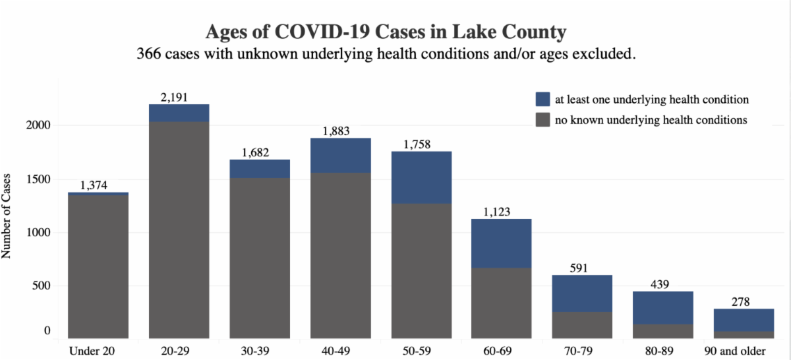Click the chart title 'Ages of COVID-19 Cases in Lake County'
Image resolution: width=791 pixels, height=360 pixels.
386,32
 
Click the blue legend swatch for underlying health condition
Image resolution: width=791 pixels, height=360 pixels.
542,100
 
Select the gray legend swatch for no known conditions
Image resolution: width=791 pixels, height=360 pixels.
542,120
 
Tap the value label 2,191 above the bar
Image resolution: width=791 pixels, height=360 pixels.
175,98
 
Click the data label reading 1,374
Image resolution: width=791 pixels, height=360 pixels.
98,186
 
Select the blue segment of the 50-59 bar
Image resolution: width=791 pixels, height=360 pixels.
422,177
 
